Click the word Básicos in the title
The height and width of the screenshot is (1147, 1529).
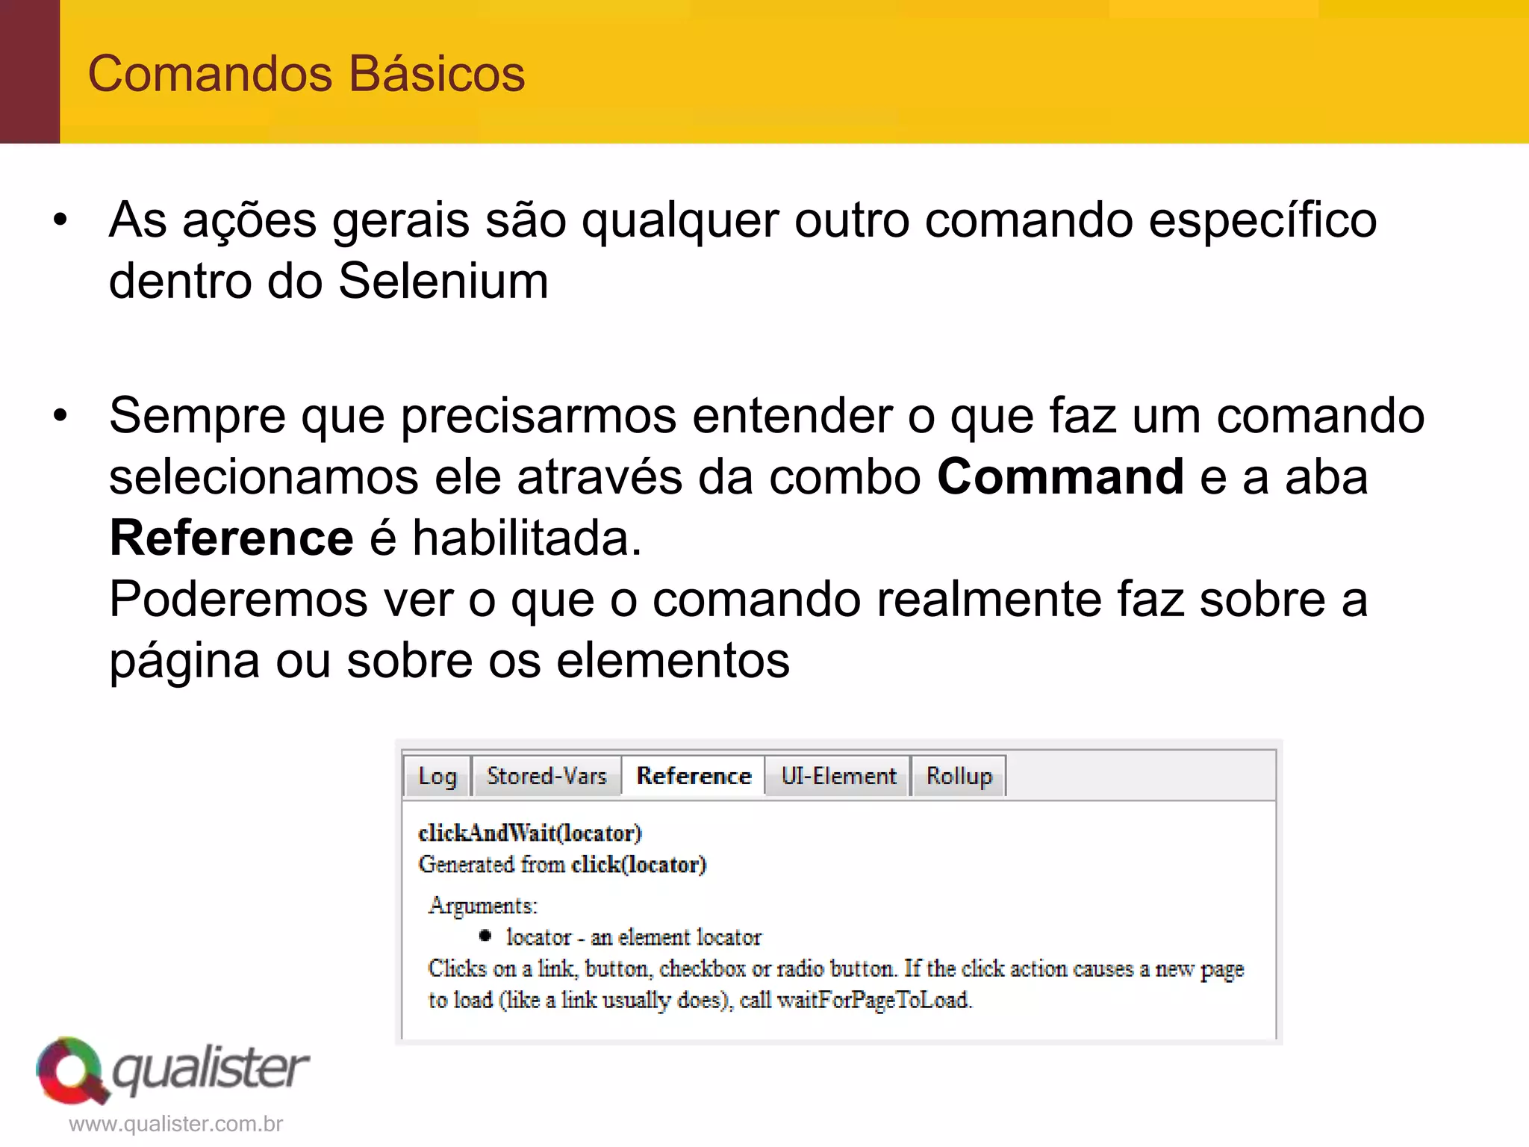point(437,74)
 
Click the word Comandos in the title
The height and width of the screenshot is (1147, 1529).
point(210,74)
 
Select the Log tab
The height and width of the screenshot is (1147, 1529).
point(437,777)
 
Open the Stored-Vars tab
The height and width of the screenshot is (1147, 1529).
point(546,777)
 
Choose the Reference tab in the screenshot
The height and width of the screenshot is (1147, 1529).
point(694,777)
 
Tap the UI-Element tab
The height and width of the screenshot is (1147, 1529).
point(838,777)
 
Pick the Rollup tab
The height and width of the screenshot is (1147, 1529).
point(959,777)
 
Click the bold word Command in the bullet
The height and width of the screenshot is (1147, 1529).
point(1060,476)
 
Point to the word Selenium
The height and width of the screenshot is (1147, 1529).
point(443,281)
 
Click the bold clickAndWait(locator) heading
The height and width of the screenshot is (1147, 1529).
point(530,833)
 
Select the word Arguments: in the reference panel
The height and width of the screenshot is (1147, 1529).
point(483,906)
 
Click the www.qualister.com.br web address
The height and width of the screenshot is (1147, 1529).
point(176,1124)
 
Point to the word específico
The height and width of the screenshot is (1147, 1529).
point(1262,220)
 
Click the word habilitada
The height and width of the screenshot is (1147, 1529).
point(526,538)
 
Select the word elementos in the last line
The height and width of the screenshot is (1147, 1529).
point(673,661)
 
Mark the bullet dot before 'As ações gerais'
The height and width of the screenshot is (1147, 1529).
point(60,220)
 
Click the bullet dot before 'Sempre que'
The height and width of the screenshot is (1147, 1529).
point(60,416)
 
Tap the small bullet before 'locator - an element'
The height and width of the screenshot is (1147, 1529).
point(485,936)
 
